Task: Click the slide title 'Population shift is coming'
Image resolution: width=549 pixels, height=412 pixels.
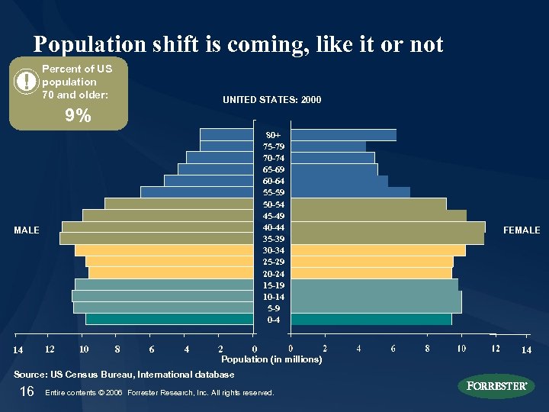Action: [x=238, y=44]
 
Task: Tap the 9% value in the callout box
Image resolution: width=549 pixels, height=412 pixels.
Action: [x=78, y=116]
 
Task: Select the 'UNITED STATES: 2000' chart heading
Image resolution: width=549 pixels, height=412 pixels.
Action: [x=271, y=100]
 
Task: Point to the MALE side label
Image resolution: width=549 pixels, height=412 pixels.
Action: [x=27, y=230]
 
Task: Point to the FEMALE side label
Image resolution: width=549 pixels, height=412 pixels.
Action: [x=522, y=230]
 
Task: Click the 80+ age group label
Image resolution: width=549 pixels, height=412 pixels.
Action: [x=273, y=135]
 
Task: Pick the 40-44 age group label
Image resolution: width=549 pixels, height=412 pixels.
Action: [x=273, y=227]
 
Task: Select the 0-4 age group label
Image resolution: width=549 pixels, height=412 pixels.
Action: [x=273, y=320]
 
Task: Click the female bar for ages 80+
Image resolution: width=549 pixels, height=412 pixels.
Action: [x=343, y=135]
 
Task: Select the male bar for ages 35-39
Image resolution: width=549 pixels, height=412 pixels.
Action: [x=156, y=239]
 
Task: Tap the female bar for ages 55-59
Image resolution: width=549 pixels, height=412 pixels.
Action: [x=350, y=192]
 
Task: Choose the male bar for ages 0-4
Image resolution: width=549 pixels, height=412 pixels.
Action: [x=169, y=319]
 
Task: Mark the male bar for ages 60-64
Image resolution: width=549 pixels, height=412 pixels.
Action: [x=209, y=181]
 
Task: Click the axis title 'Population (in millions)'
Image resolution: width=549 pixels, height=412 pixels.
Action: [x=271, y=359]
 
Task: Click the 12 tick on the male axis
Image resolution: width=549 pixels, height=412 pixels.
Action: [x=49, y=349]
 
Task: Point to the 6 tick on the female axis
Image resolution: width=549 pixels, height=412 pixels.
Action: [x=393, y=349]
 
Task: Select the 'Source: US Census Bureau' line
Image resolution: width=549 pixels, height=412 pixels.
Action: [x=124, y=375]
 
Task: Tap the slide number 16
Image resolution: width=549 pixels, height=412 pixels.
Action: [x=27, y=391]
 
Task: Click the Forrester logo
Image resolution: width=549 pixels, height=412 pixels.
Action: [x=496, y=385]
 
